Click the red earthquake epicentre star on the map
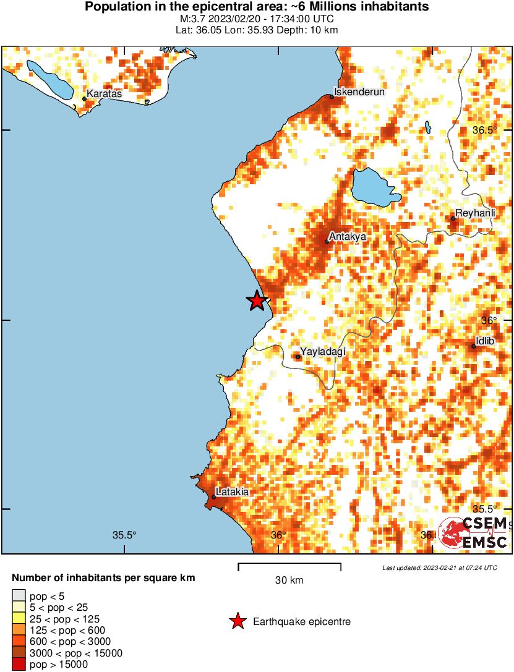point(256,301)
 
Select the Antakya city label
point(349,236)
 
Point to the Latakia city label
point(234,492)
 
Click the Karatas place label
point(105,94)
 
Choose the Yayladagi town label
point(322,352)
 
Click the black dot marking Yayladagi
point(298,357)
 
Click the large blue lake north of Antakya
point(374,187)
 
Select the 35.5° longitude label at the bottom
point(124,535)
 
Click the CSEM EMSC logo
point(474,534)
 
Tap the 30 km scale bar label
point(289,580)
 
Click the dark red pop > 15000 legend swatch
point(18,665)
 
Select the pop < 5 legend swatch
point(18,597)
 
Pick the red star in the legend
point(237,622)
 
